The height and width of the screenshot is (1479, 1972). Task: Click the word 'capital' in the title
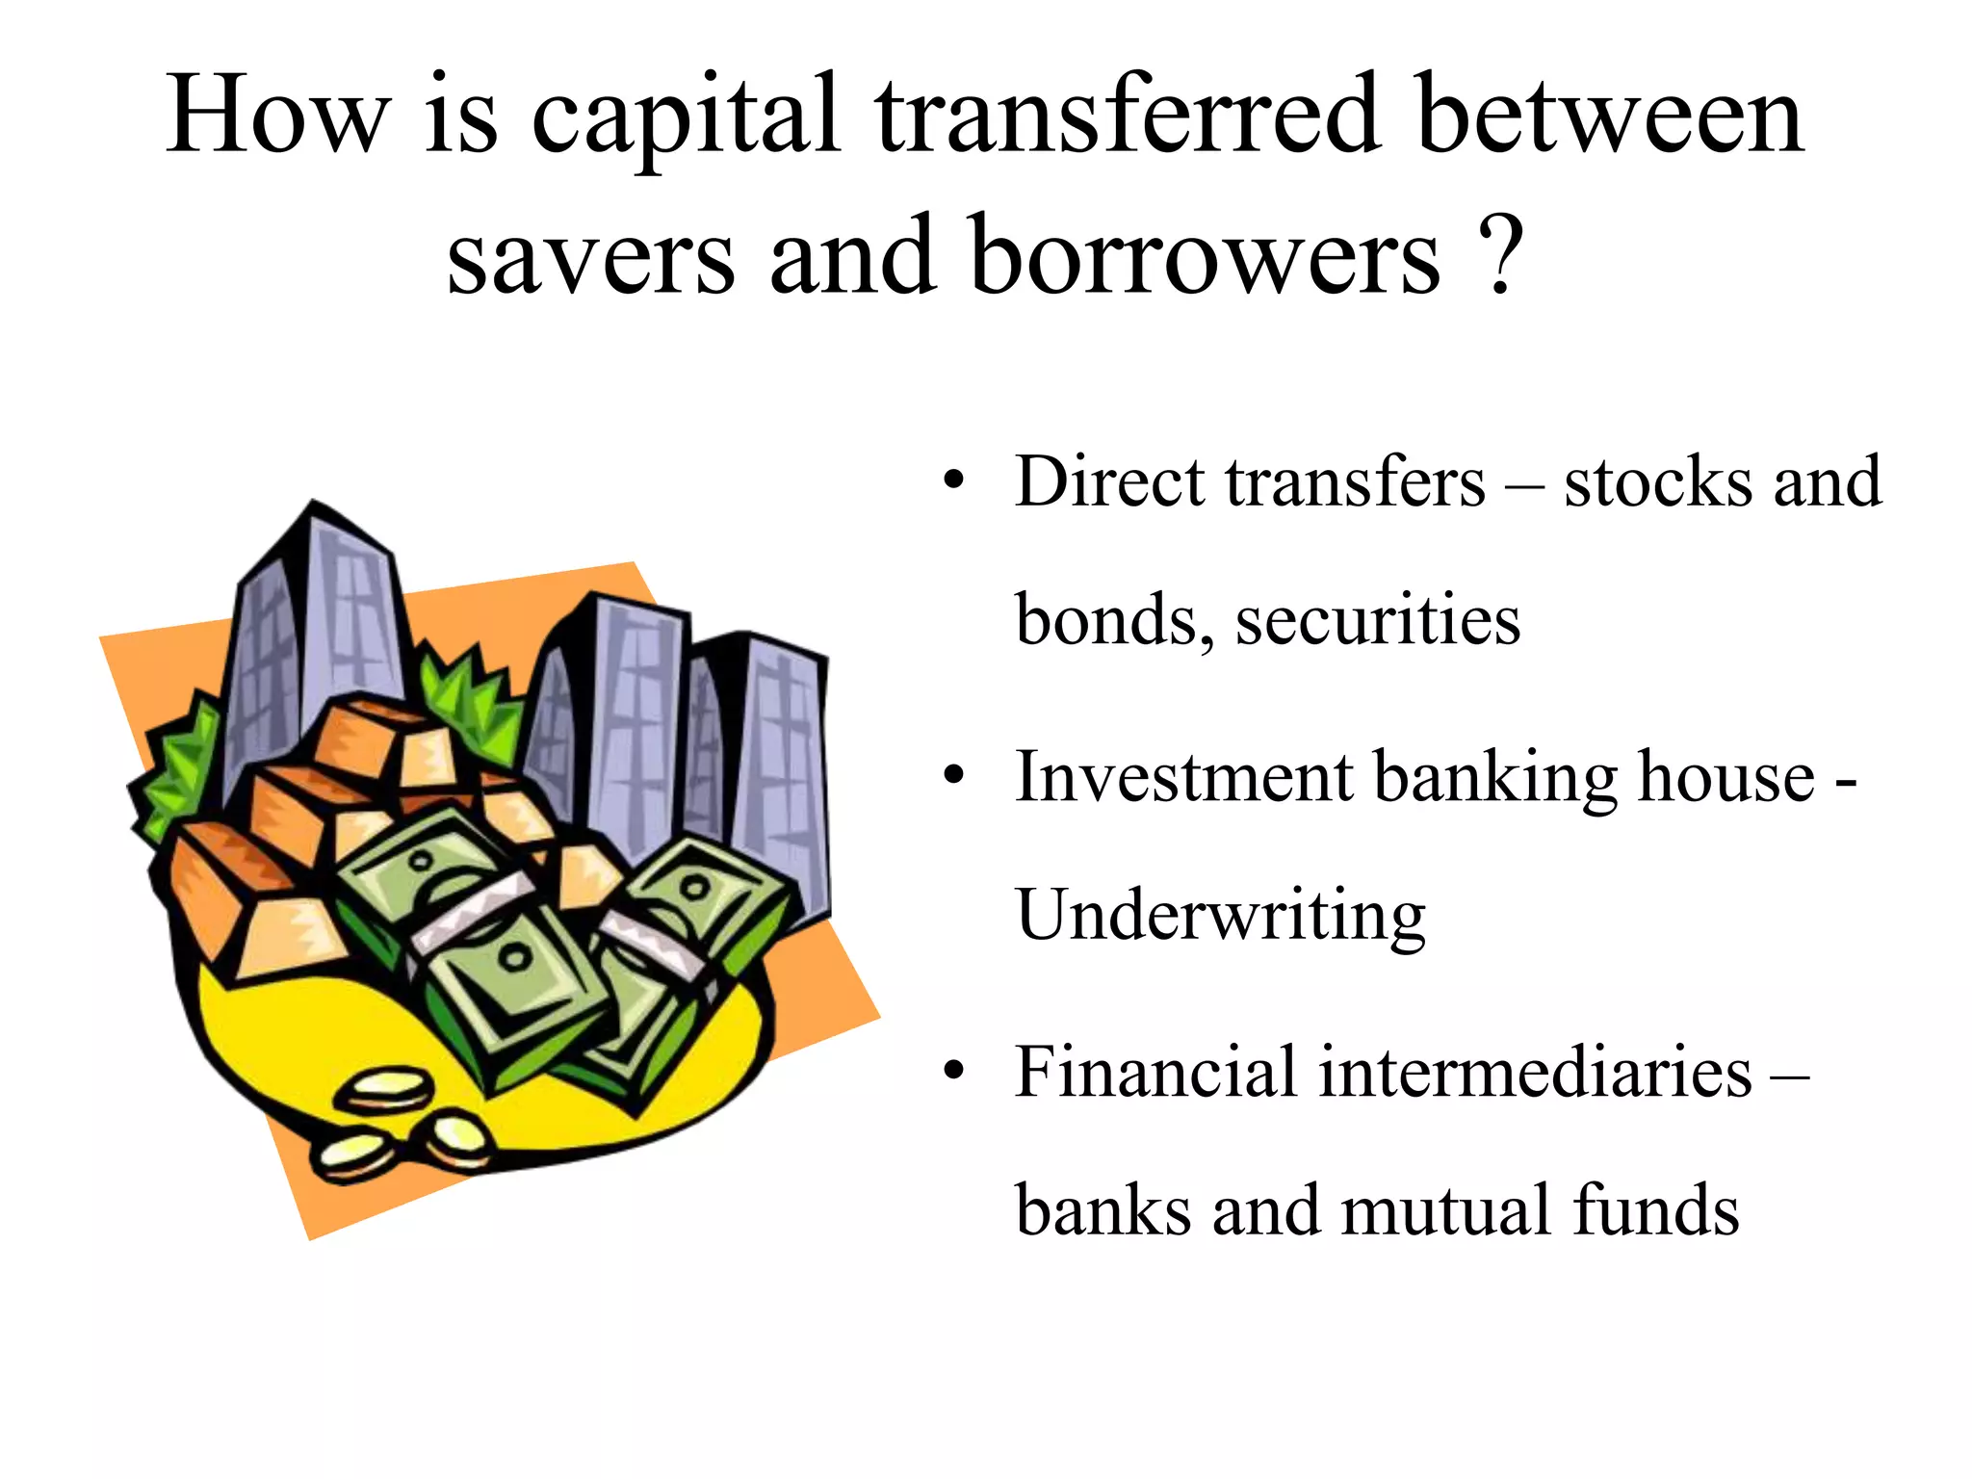(x=687, y=117)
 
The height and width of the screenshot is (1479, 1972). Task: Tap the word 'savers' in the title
(x=590, y=256)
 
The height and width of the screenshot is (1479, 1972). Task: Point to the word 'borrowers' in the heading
(x=1205, y=256)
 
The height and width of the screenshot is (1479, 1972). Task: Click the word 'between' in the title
(x=1610, y=117)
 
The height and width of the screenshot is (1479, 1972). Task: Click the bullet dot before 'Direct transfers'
(x=953, y=480)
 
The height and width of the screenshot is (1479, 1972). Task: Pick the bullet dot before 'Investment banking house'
(x=953, y=776)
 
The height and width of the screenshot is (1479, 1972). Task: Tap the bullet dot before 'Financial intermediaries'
(x=953, y=1072)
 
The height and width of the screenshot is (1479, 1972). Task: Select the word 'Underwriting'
(x=1220, y=915)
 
